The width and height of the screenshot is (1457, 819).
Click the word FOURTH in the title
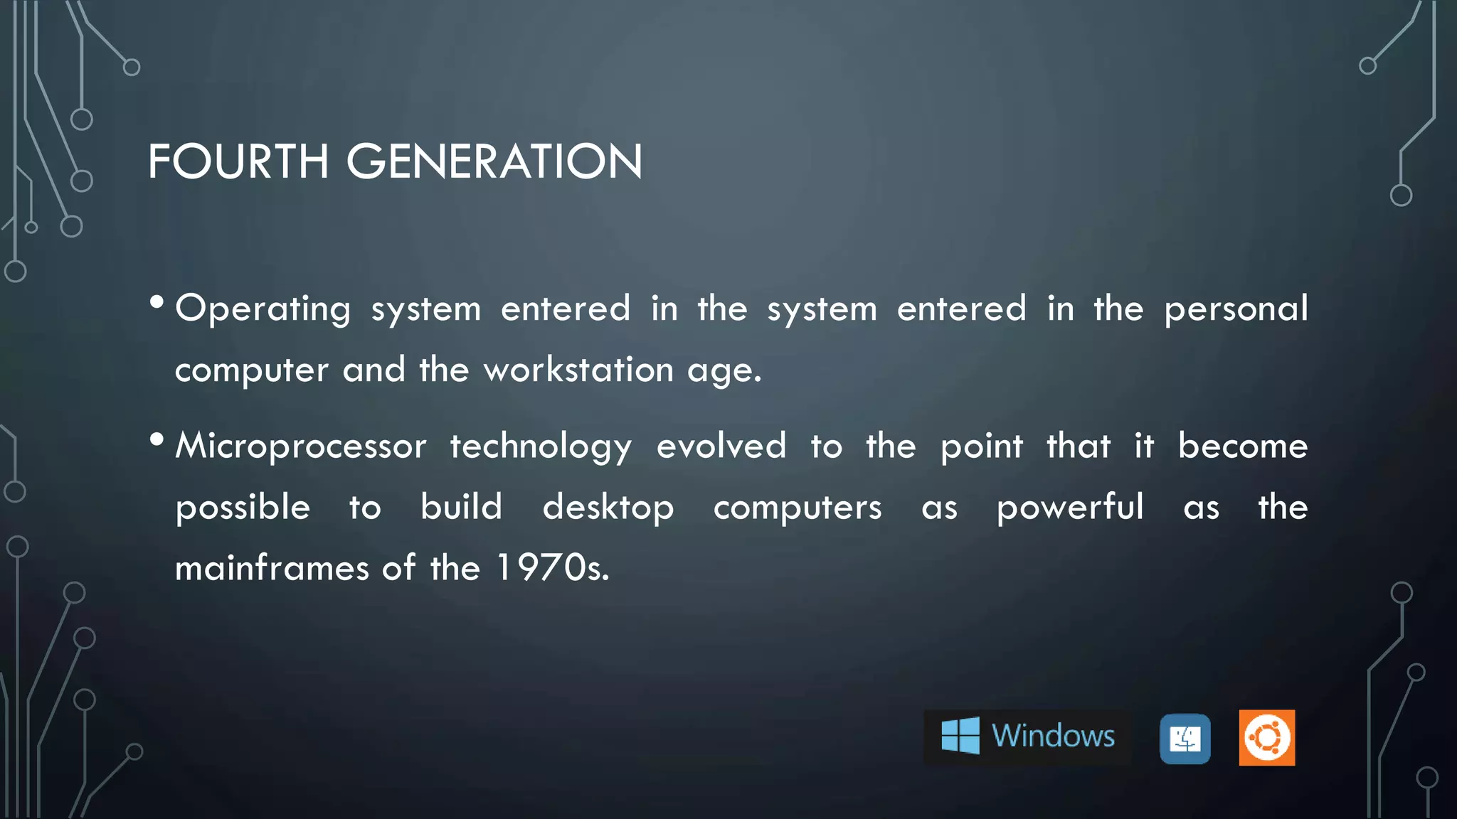pyautogui.click(x=238, y=161)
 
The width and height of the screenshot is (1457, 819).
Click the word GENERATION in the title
pyautogui.click(x=494, y=161)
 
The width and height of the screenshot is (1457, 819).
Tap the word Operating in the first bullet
pyautogui.click(x=263, y=309)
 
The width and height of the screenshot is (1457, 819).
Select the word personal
pyautogui.click(x=1236, y=309)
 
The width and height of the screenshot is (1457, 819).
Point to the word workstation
pyautogui.click(x=578, y=370)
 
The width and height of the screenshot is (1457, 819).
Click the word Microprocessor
pyautogui.click(x=301, y=446)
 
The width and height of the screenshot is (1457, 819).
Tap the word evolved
pyautogui.click(x=721, y=446)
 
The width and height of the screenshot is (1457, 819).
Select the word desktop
pyautogui.click(x=608, y=508)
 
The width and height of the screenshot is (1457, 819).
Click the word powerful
pyautogui.click(x=1070, y=508)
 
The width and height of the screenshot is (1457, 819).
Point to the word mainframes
pyautogui.click(x=272, y=569)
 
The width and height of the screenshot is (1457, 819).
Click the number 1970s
pyautogui.click(x=552, y=569)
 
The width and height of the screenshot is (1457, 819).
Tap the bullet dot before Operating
pyautogui.click(x=157, y=304)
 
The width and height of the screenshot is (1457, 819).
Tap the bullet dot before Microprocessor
pyautogui.click(x=157, y=440)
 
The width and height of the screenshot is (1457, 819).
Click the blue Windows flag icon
pyautogui.click(x=960, y=735)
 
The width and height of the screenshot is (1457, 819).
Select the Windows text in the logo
pyautogui.click(x=1053, y=736)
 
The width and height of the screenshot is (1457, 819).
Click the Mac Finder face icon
pyautogui.click(x=1185, y=739)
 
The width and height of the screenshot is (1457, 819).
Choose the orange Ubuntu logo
pyautogui.click(x=1267, y=738)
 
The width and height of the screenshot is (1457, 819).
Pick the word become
pyautogui.click(x=1242, y=446)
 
